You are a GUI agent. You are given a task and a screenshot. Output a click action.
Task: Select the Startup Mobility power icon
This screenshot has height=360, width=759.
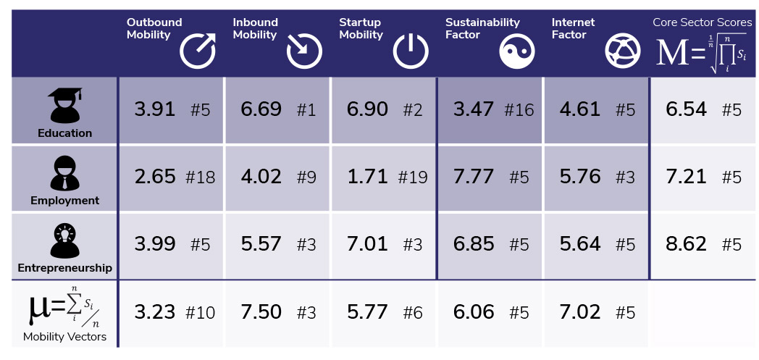coord(411,51)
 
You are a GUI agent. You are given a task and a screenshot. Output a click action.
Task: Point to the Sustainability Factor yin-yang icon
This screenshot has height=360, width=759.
coord(517,51)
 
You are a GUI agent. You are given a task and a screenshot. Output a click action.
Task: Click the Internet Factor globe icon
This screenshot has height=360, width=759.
coord(623,51)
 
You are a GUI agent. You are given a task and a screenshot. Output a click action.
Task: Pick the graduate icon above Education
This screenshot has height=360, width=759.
coord(64,106)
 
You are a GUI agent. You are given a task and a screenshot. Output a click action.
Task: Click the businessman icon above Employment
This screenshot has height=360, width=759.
coord(64,173)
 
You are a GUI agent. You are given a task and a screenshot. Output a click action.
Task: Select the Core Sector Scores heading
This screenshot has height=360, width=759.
coord(703,22)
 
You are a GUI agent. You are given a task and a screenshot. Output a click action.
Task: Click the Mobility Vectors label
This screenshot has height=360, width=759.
coord(64,336)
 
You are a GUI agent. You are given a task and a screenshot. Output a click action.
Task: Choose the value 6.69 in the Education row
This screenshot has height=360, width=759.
coord(261,109)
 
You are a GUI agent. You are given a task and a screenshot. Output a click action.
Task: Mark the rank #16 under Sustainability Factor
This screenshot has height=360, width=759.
coord(519,110)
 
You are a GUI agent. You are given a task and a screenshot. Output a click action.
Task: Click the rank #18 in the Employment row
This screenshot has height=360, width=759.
coord(200,177)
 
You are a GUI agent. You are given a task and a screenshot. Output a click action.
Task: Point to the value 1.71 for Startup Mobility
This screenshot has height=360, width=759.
coord(367,177)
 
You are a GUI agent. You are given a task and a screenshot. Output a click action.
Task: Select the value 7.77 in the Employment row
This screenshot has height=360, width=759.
coord(474,177)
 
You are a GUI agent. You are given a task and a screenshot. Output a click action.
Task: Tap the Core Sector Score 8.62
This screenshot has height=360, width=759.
coord(685,243)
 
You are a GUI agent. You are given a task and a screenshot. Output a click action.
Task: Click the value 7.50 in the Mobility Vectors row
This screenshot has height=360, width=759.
coord(261,311)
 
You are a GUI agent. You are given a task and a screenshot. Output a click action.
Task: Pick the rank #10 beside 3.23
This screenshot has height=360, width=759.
coord(200,312)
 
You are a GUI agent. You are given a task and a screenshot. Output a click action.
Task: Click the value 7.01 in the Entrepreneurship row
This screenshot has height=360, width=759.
coord(367,243)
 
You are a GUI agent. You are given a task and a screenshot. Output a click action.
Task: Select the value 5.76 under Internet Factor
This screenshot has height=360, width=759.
coord(580,177)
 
